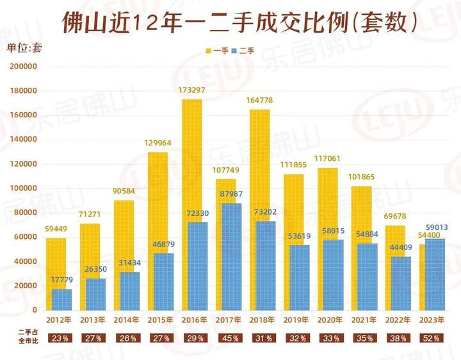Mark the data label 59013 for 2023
[x=434, y=227]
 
